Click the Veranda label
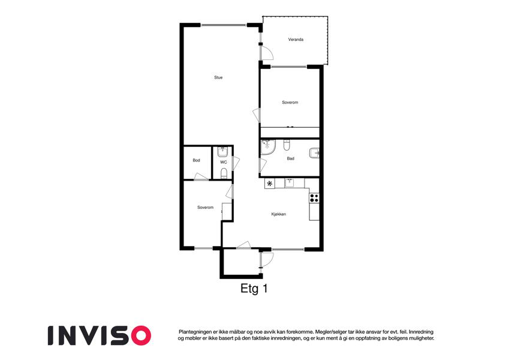tap(296, 40)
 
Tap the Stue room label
tap(218, 77)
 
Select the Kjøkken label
tap(279, 214)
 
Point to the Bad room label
tap(291, 158)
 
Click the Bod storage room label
tap(196, 161)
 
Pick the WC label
tap(224, 162)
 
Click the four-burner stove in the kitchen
tap(314, 198)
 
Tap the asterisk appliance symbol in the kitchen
tap(269, 184)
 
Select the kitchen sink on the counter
tap(290, 183)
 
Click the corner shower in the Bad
tap(268, 147)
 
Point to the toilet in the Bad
tap(287, 145)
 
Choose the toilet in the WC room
tap(224, 174)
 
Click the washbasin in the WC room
tap(222, 152)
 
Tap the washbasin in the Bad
tap(314, 153)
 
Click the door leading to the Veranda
tap(267, 53)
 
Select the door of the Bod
tap(201, 177)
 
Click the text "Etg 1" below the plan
tap(254, 289)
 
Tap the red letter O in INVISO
tap(140, 335)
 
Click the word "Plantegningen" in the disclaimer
tap(194, 332)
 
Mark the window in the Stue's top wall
tap(224, 25)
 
